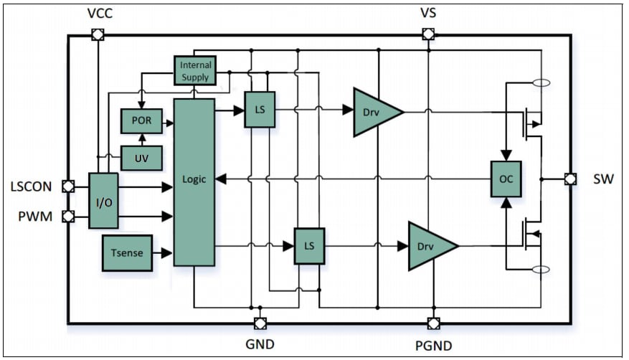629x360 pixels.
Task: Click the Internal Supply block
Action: (195, 70)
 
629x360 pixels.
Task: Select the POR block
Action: (141, 120)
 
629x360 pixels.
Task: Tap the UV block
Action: (141, 156)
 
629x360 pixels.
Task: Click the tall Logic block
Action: (194, 182)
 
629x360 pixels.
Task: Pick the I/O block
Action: (103, 201)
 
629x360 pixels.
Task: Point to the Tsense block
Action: (127, 252)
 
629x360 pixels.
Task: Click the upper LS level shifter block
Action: (260, 110)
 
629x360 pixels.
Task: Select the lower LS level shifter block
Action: (309, 246)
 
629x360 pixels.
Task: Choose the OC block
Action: (506, 179)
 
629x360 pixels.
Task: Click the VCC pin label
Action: (98, 13)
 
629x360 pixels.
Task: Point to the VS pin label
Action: (427, 13)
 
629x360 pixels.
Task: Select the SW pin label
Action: (603, 179)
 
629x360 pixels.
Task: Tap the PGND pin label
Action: (433, 346)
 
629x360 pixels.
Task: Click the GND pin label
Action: (260, 344)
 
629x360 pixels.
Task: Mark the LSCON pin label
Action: (31, 186)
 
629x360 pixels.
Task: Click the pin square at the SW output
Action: (570, 179)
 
